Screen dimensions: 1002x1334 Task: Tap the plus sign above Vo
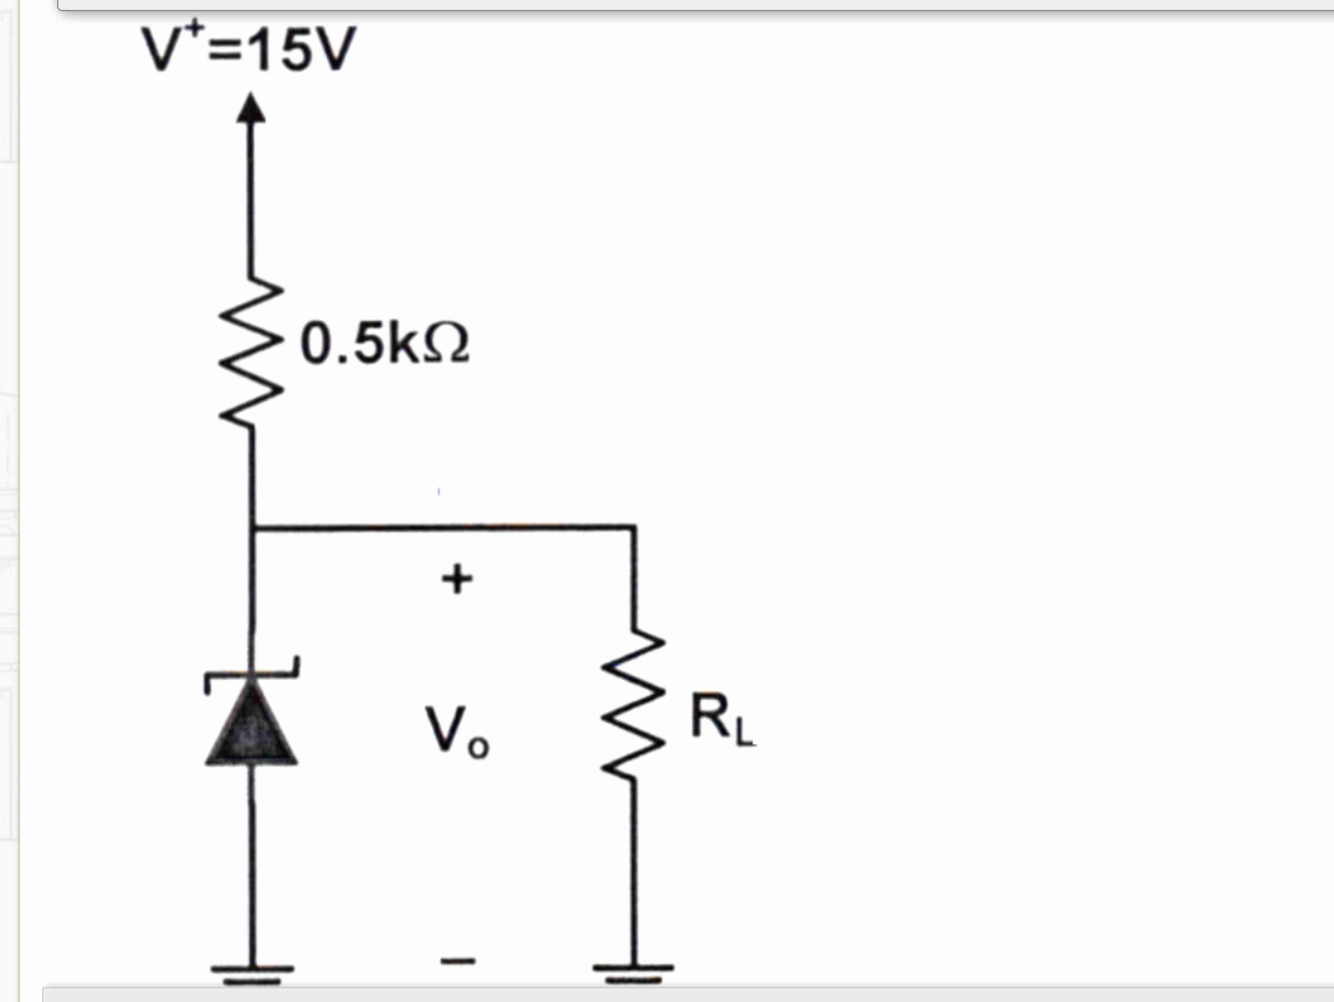click(x=457, y=579)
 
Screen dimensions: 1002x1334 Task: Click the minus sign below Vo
click(x=457, y=961)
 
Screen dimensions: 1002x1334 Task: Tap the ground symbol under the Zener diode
click(x=252, y=973)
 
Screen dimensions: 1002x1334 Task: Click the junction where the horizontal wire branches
click(x=252, y=529)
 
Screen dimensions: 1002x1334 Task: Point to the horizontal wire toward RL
click(x=443, y=528)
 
